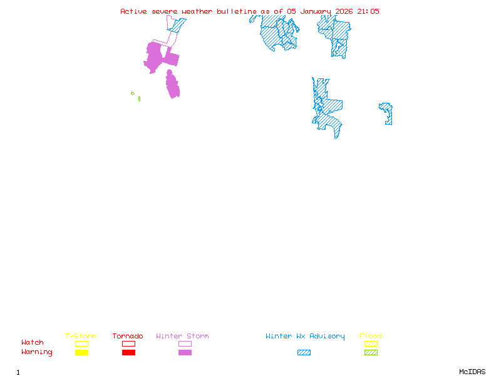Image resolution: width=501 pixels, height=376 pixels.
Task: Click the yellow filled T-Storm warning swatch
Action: pyautogui.click(x=81, y=353)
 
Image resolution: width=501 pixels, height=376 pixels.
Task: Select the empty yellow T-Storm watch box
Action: pyautogui.click(x=81, y=343)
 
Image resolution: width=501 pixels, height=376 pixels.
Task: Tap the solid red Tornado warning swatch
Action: pyautogui.click(x=128, y=353)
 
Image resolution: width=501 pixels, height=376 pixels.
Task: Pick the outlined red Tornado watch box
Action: pyautogui.click(x=128, y=343)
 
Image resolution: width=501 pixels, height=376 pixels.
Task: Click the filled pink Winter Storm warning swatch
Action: pyautogui.click(x=185, y=353)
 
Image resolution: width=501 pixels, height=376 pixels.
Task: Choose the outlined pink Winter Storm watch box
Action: pyautogui.click(x=185, y=343)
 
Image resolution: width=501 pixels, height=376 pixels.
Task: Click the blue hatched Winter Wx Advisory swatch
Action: pyautogui.click(x=304, y=353)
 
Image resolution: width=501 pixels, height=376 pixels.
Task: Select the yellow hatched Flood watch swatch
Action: pyautogui.click(x=371, y=343)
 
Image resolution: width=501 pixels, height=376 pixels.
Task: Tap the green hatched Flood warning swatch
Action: pyautogui.click(x=371, y=353)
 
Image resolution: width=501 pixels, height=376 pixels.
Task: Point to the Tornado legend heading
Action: pyautogui.click(x=128, y=337)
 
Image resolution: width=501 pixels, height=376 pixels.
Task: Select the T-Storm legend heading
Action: pyautogui.click(x=81, y=337)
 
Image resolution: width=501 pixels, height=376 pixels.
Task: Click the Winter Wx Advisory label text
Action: pyautogui.click(x=305, y=337)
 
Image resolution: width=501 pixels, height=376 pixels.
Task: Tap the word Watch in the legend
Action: pyautogui.click(x=33, y=343)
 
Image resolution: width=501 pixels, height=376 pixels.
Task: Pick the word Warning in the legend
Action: pyautogui.click(x=36, y=352)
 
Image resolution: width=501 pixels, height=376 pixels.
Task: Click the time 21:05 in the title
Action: pyautogui.click(x=368, y=11)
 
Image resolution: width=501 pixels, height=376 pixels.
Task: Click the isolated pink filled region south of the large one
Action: pyautogui.click(x=172, y=85)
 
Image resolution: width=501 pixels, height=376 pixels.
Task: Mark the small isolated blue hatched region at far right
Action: pyautogui.click(x=387, y=113)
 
